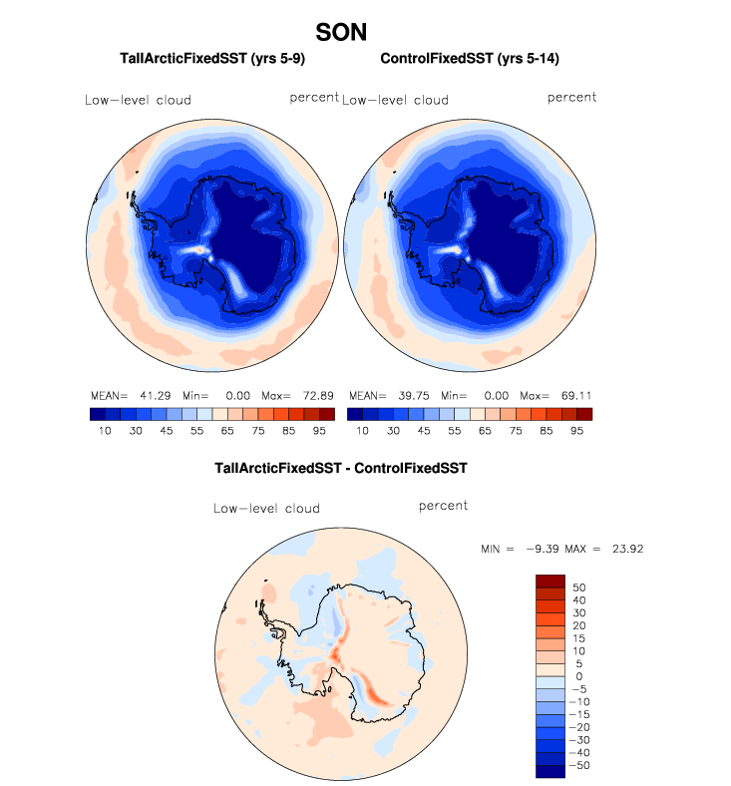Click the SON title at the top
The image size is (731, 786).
point(341,33)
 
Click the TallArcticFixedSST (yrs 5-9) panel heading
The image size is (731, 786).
point(199,60)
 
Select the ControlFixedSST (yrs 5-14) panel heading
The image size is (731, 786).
point(469,60)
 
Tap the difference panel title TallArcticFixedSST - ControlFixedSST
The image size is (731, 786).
point(341,467)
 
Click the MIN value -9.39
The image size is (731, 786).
point(542,549)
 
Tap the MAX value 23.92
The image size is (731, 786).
point(629,549)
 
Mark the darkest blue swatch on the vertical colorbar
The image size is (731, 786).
point(550,770)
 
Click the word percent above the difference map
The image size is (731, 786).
point(443,506)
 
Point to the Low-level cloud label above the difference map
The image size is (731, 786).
point(266,509)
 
